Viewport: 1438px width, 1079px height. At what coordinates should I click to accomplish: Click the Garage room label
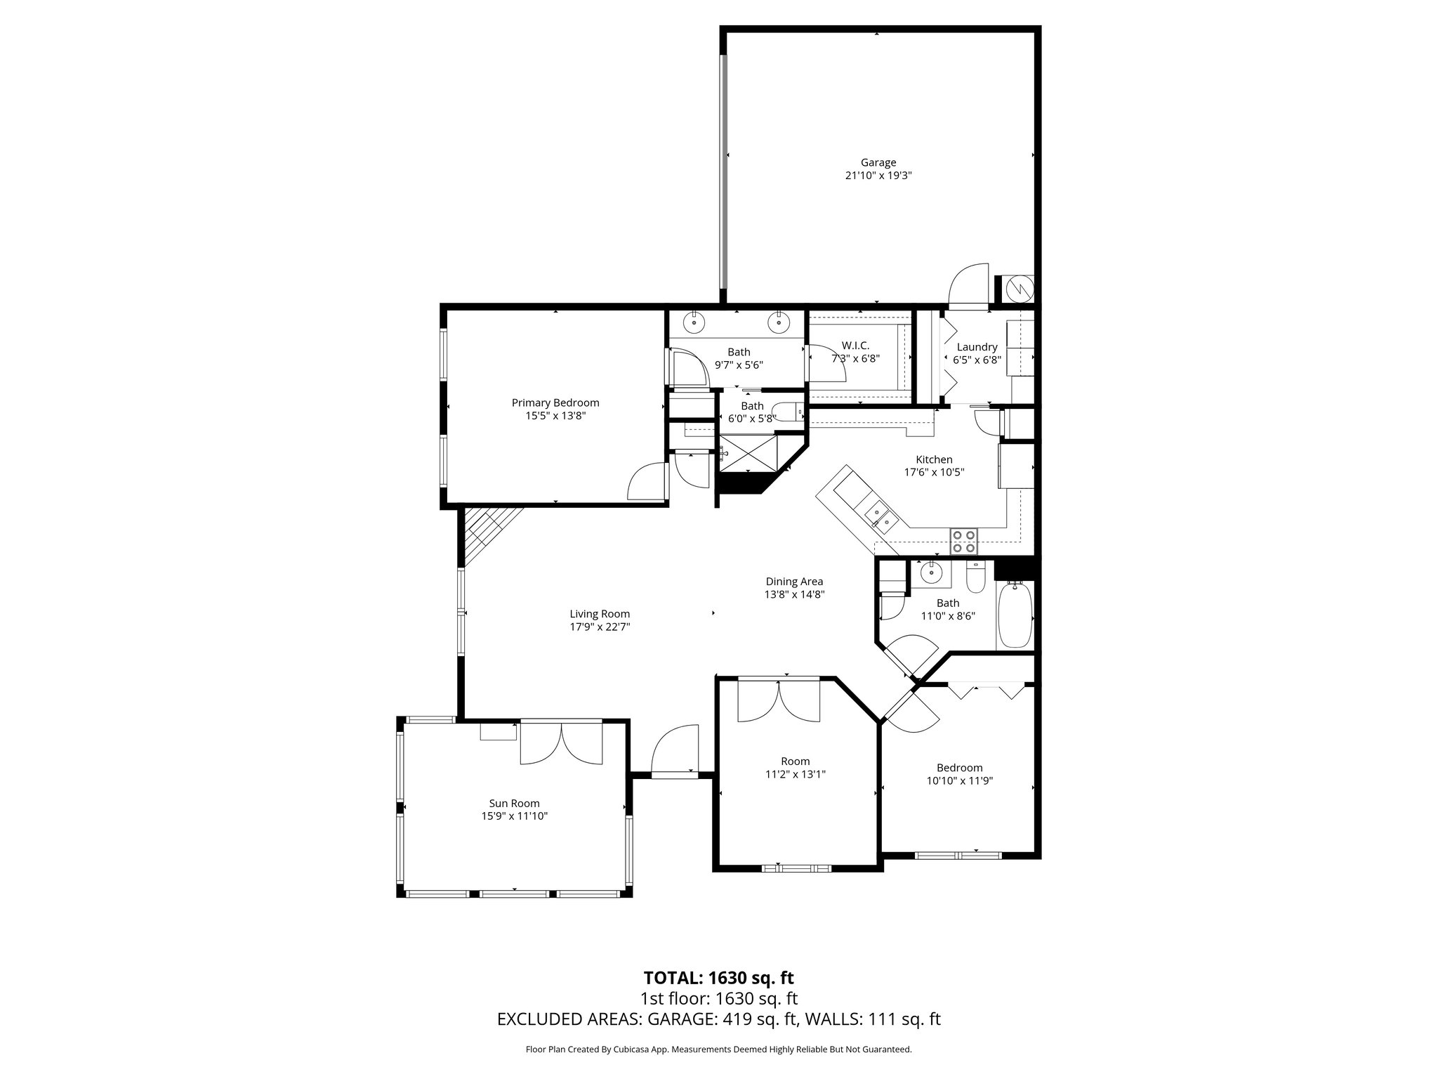click(x=878, y=163)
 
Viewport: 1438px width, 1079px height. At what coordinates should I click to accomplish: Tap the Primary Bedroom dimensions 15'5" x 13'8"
click(x=555, y=416)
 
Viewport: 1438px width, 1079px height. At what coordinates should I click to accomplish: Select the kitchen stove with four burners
click(x=963, y=541)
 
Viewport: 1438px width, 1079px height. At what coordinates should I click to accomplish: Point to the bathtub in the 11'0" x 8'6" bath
click(x=1015, y=615)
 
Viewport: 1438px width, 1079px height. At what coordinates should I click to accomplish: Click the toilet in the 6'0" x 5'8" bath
click(x=789, y=410)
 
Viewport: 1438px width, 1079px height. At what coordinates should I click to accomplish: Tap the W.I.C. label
click(x=855, y=346)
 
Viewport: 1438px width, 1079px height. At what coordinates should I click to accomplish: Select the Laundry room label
click(x=977, y=347)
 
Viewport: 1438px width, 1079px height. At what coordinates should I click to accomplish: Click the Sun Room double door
click(x=560, y=743)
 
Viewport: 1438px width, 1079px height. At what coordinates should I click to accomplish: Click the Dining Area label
click(x=794, y=582)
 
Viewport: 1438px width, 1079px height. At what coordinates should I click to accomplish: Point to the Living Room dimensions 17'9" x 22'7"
click(x=600, y=627)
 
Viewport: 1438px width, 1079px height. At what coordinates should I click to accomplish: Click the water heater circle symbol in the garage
click(x=1018, y=288)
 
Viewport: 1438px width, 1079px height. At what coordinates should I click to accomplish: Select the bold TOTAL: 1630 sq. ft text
click(x=718, y=978)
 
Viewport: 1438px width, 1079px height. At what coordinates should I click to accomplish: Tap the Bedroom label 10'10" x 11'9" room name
click(x=959, y=768)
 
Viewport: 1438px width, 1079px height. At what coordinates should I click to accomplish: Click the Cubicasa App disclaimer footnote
click(x=718, y=1050)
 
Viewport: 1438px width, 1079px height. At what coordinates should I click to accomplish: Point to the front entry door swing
click(x=675, y=750)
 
